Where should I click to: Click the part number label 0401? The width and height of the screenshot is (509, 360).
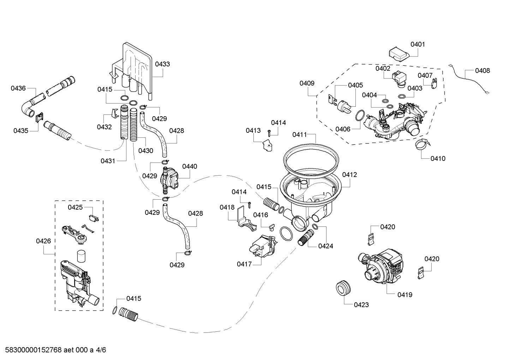point(418,45)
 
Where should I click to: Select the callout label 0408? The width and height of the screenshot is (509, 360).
point(482,71)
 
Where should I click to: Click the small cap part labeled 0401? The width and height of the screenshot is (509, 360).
point(398,55)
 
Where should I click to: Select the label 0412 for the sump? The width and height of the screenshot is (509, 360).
point(349,175)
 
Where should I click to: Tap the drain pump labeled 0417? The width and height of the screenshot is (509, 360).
point(263,247)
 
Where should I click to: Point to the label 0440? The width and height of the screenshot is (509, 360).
point(190,166)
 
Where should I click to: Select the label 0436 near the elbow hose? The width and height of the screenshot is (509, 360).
point(18,88)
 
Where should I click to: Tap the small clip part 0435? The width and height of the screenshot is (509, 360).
point(39,116)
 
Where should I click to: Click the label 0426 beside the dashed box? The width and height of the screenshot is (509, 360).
point(43,241)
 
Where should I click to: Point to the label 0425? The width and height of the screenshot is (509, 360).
point(75,207)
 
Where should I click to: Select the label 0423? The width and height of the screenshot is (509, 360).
point(361,305)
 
